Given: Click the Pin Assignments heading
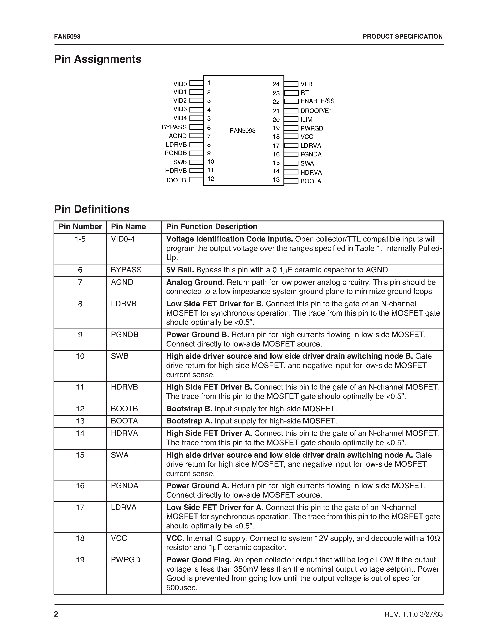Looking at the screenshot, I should [98, 59].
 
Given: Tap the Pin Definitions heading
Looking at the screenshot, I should [92, 209].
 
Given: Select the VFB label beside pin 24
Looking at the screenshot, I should [306, 84].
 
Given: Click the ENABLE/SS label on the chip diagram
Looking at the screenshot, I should [317, 101].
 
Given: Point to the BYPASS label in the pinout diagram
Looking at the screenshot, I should [174, 127].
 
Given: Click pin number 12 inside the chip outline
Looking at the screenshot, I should [210, 179].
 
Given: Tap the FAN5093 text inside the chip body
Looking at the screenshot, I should [243, 131].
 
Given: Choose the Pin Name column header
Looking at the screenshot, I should [128, 227].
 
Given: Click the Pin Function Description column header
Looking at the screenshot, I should [212, 227].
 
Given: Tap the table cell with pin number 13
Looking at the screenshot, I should [80, 421].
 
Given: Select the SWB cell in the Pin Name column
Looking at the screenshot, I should [120, 356].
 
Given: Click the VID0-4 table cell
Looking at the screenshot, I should [123, 239].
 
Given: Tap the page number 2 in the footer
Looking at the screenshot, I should [56, 614].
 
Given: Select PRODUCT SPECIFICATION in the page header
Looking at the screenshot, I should [402, 36].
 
